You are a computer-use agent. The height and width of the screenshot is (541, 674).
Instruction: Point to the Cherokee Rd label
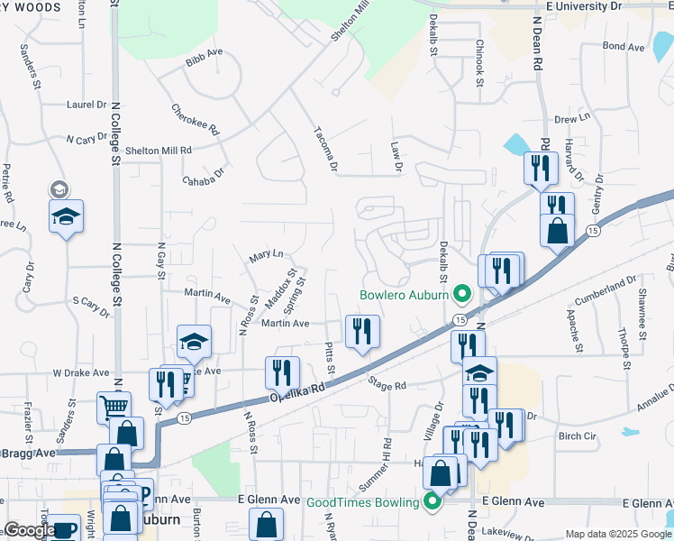click(196, 119)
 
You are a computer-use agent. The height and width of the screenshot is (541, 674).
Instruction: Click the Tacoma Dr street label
click(325, 147)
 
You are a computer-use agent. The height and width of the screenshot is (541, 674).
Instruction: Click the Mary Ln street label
click(266, 256)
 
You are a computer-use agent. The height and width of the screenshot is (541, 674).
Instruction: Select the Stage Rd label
click(387, 384)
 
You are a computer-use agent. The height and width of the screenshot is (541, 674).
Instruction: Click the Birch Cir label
click(578, 436)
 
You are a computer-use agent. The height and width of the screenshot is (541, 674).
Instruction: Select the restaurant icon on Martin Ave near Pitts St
click(362, 331)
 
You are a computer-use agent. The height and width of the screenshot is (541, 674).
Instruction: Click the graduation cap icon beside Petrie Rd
click(66, 217)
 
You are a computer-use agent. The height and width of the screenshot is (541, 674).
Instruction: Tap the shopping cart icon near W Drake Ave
click(114, 408)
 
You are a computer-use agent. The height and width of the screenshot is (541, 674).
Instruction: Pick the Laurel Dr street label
click(87, 105)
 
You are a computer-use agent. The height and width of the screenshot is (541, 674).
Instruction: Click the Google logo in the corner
click(30, 530)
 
